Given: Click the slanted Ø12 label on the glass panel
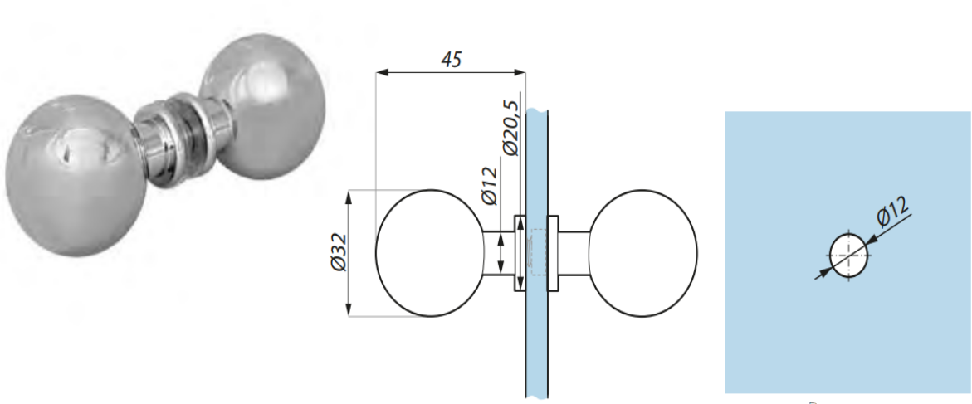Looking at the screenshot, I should tap(891, 212).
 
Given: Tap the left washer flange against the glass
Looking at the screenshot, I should tap(520, 254).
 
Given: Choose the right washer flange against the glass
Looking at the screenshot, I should tap(553, 253).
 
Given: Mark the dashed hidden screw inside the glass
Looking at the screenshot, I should tap(535, 253).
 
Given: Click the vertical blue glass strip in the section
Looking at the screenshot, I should tap(535, 348).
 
